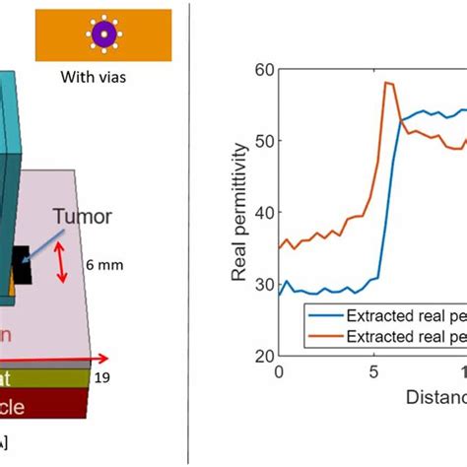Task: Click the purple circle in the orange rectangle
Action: tap(102, 35)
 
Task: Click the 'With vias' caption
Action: tap(101, 80)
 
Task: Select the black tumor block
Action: tap(21, 264)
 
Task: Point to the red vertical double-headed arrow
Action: tap(65, 265)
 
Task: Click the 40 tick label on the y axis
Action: tap(262, 212)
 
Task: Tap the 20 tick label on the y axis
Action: tap(262, 356)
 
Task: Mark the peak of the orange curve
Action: tap(386, 83)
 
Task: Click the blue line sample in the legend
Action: tap(324, 315)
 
